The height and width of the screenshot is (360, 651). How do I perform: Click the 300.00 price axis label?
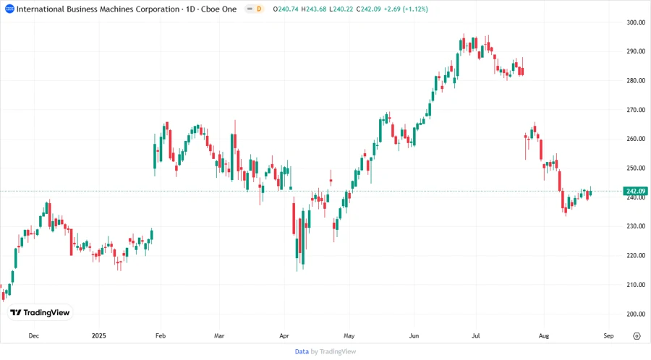point(635,22)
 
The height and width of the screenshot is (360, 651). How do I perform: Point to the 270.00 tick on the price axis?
point(635,110)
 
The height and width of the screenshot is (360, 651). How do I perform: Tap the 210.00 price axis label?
point(635,285)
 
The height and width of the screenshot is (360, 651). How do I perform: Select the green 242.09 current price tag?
point(635,191)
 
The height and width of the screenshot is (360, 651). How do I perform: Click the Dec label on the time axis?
point(33,336)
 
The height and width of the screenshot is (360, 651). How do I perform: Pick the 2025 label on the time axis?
point(99,336)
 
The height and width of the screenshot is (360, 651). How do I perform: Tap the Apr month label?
point(284,336)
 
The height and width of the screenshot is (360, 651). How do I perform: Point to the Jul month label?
point(476,336)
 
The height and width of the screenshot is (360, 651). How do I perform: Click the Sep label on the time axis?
point(608,336)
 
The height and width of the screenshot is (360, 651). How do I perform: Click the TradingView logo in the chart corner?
point(40,312)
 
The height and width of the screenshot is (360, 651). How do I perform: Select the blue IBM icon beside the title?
point(9,9)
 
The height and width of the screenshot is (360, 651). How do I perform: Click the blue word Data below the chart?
point(302,351)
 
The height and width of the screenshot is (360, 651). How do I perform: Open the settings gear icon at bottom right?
point(637,336)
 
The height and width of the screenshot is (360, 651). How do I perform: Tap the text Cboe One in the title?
point(218,9)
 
